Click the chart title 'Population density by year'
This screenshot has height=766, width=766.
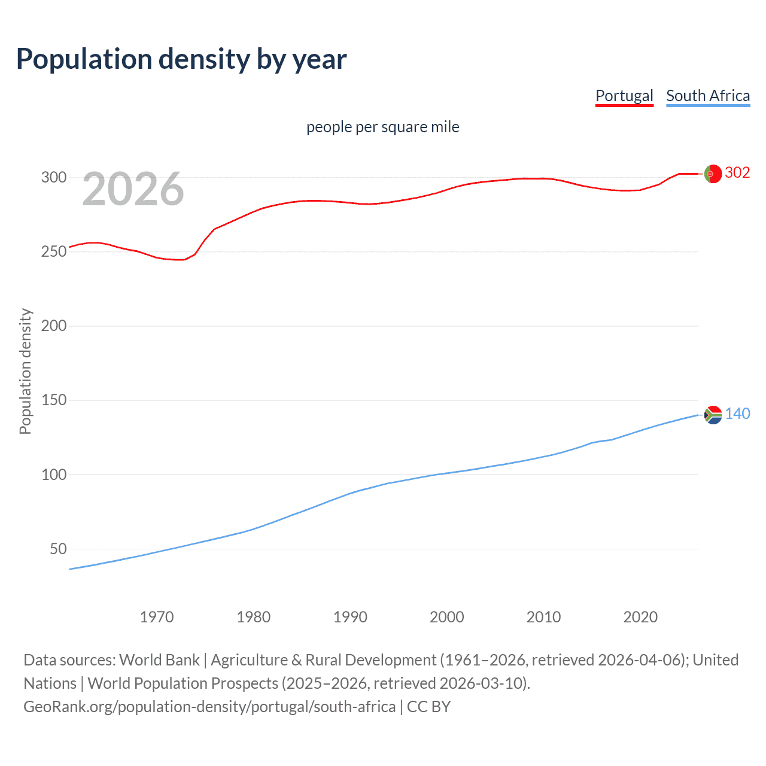[181, 59]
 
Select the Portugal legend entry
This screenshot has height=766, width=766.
[624, 96]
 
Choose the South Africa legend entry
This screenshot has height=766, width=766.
[708, 96]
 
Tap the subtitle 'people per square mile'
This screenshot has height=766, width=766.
[382, 127]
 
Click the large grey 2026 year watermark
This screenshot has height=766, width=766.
[133, 189]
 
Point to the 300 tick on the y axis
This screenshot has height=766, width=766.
[53, 177]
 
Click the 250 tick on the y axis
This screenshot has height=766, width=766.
[53, 251]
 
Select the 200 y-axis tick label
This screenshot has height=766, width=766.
[53, 326]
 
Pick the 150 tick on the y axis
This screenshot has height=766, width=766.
[53, 400]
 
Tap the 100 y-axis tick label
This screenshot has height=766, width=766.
[53, 475]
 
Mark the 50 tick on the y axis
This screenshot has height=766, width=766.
[58, 549]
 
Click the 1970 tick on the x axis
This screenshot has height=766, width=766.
[157, 617]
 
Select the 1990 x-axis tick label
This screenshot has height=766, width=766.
[350, 617]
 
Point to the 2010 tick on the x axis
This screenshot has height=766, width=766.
[543, 617]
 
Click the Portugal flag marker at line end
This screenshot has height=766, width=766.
[713, 174]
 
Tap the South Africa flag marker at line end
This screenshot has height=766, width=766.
[713, 415]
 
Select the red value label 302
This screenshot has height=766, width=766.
[737, 173]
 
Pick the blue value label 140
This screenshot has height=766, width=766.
[737, 414]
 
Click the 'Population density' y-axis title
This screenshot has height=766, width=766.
[25, 371]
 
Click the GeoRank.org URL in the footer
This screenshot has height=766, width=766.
[209, 707]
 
